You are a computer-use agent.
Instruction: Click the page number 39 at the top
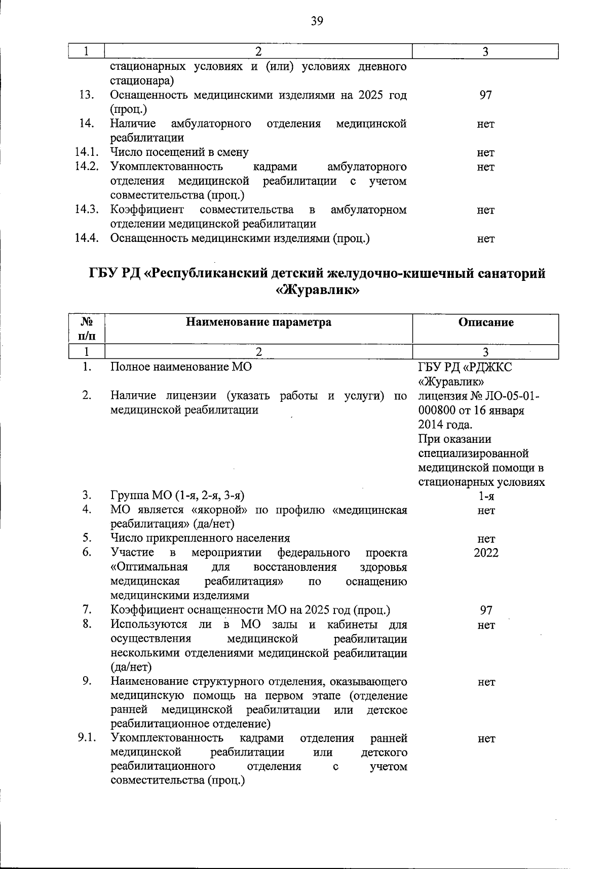tap(316, 21)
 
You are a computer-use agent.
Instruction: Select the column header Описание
tap(485, 322)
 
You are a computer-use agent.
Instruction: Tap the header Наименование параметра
tap(258, 322)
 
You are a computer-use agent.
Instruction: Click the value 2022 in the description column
tap(485, 553)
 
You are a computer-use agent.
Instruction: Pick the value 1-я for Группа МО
tap(486, 496)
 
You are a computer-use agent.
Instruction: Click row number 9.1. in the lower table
tap(87, 738)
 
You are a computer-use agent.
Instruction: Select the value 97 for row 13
tap(485, 95)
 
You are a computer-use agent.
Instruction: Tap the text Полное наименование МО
tap(181, 367)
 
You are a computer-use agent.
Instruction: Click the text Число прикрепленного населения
tap(200, 538)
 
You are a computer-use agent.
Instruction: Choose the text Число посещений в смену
tap(179, 152)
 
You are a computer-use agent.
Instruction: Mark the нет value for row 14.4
tap(485, 239)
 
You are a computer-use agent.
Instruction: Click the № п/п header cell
tap(87, 328)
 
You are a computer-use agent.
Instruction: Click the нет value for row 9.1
tap(485, 739)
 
